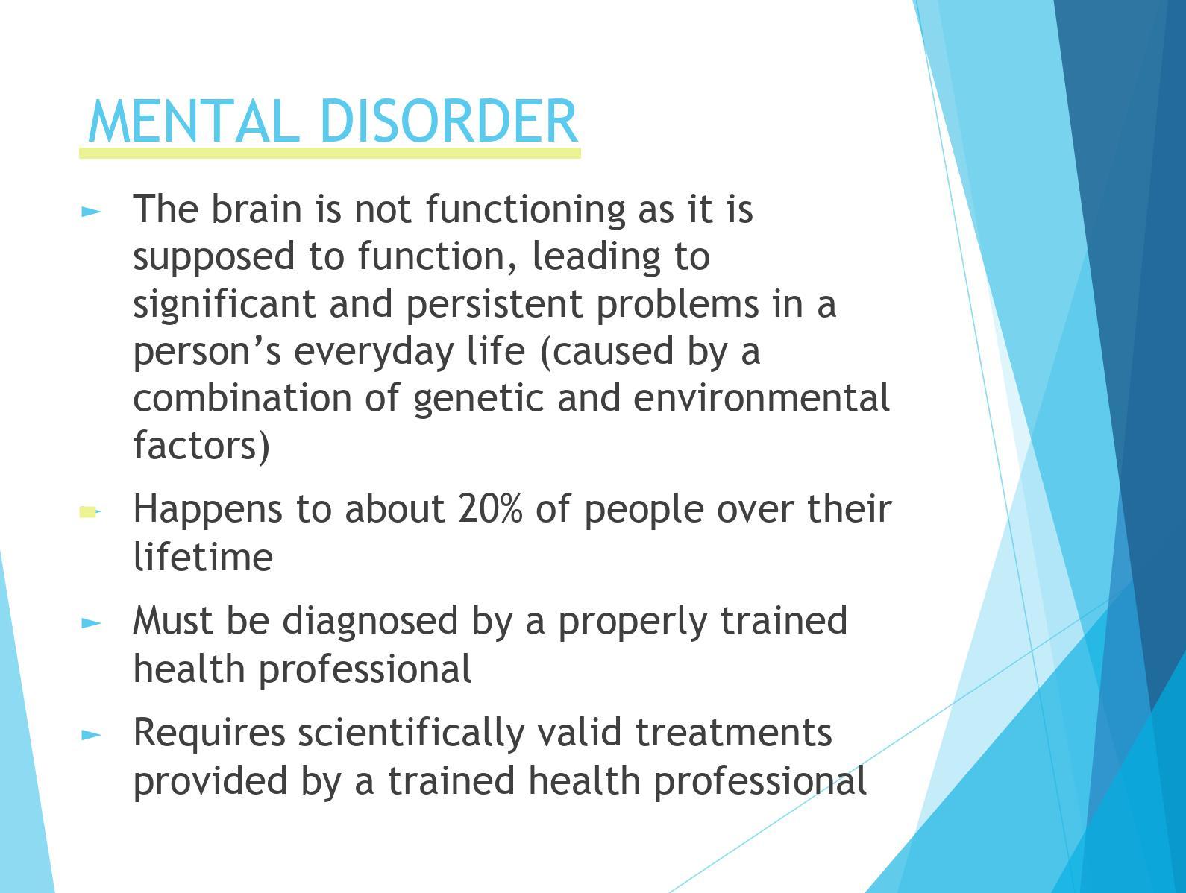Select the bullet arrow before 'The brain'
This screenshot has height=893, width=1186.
(x=91, y=212)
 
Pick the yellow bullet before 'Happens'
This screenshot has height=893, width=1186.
(x=90, y=511)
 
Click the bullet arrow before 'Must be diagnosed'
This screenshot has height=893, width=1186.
(x=91, y=624)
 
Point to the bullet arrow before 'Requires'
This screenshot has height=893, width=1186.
(x=91, y=735)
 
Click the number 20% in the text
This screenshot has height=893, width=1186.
(x=490, y=508)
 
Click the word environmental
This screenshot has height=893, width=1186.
(x=762, y=398)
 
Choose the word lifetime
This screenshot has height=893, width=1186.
(x=203, y=557)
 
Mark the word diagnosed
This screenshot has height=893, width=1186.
(x=370, y=622)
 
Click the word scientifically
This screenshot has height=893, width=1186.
(x=411, y=734)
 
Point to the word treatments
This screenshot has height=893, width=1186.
(x=734, y=733)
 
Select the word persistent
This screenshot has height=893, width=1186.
(x=495, y=305)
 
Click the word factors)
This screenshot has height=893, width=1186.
(x=201, y=446)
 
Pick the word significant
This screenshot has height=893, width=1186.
(x=225, y=304)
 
